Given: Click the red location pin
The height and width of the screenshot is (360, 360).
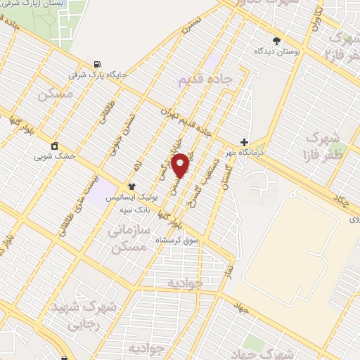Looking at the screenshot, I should tap(181, 165).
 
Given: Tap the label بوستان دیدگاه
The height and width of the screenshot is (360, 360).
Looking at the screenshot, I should tap(277, 52).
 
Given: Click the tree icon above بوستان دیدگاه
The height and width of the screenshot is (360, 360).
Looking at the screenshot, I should tap(277, 41).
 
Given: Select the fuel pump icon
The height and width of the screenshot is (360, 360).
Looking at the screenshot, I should tap(96, 63).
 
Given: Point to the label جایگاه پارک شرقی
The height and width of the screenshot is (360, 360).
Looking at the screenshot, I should tap(96, 73).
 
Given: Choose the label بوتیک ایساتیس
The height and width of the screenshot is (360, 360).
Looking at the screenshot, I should tap(131, 198).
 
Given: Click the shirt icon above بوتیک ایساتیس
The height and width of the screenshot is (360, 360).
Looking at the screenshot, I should tap(131, 186).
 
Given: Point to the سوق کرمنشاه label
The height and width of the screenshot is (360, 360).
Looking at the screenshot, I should tap(177, 240).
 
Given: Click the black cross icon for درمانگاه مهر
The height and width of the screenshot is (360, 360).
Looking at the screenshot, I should tap(244, 141).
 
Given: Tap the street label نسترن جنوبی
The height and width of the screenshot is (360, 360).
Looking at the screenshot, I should tap(124, 131).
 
